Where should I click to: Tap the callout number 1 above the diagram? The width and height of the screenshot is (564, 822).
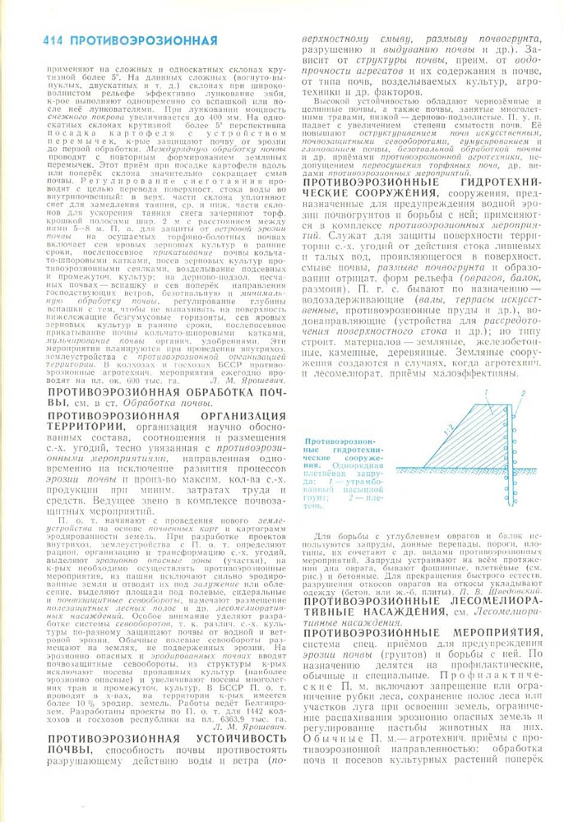coord(485,391)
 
